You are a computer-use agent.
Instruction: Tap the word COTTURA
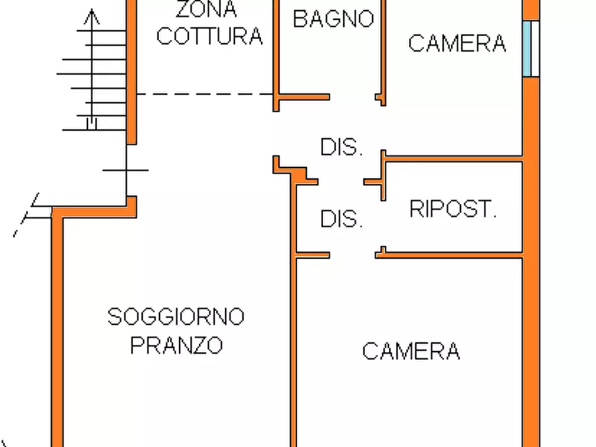(209, 36)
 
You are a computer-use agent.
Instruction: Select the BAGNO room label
(333, 18)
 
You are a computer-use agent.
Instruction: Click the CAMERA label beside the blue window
(457, 43)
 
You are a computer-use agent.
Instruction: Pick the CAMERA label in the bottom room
(410, 350)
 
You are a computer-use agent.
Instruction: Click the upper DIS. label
(341, 147)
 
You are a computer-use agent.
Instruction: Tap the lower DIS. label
(341, 219)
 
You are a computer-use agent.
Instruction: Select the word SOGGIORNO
(176, 316)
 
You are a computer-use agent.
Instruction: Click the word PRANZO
(176, 346)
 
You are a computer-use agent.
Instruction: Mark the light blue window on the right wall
(531, 48)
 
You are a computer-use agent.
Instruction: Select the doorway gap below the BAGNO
(352, 97)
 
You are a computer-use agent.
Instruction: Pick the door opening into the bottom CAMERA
(352, 254)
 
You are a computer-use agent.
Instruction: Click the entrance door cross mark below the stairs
(126, 171)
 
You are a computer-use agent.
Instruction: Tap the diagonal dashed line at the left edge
(27, 215)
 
